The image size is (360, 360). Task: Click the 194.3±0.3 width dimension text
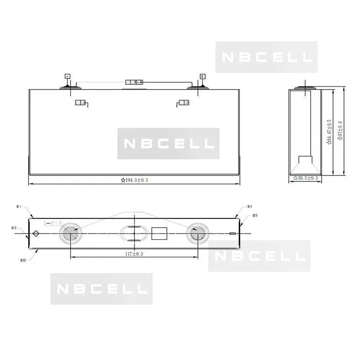tap(135, 180)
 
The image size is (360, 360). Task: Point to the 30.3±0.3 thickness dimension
tap(306, 178)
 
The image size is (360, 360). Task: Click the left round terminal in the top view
tap(70, 234)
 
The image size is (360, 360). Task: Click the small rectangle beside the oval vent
tap(159, 234)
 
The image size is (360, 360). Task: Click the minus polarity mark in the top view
tap(232, 234)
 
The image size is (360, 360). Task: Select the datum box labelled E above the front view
tap(202, 76)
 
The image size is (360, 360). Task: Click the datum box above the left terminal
tap(67, 76)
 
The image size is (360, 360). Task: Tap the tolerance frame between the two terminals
tap(134, 82)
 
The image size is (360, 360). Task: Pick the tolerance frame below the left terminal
tap(80, 103)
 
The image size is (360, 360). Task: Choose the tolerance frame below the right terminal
tap(184, 103)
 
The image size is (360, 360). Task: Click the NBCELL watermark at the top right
tap(266, 57)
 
